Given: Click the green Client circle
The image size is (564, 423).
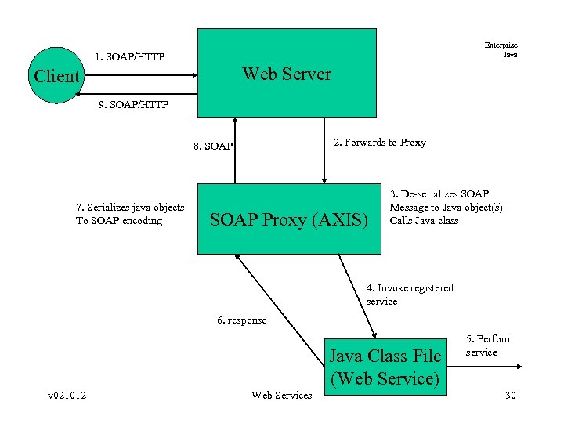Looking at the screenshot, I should [x=56, y=76].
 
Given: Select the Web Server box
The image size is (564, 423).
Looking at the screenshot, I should [x=287, y=74].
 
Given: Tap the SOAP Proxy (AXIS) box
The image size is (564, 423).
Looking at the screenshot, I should [x=288, y=219].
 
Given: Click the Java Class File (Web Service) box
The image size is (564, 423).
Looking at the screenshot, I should [x=385, y=367].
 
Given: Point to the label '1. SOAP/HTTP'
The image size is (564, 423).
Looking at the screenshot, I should [x=128, y=57].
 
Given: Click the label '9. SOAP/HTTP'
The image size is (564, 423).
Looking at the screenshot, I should [x=133, y=104].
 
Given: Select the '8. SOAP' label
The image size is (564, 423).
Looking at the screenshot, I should [x=212, y=146].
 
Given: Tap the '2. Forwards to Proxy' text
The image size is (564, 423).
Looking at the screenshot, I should [x=380, y=143].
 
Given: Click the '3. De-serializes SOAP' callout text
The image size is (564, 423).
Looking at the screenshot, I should [x=446, y=207].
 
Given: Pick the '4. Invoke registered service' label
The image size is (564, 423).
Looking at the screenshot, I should [x=410, y=295].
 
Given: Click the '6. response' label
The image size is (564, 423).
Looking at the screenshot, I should [x=241, y=320].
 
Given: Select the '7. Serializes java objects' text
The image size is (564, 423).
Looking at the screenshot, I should [x=130, y=214].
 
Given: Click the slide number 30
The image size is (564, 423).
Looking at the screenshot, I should [x=510, y=395].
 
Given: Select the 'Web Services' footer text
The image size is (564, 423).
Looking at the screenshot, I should [x=281, y=395].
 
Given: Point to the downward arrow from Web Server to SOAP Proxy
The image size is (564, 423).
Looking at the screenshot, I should [x=324, y=149].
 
